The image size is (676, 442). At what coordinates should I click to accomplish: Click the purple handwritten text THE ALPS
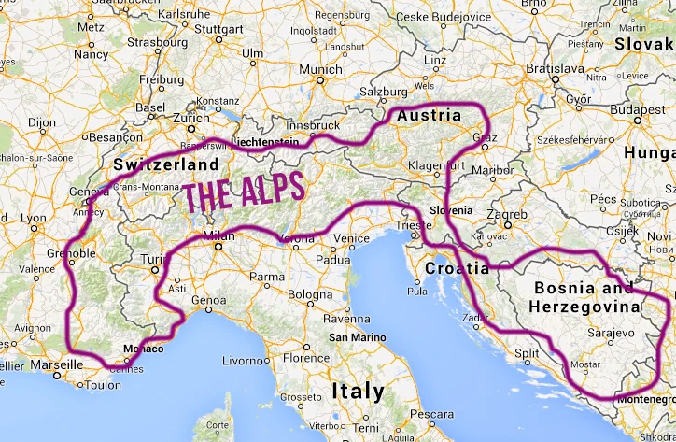[x=245, y=192]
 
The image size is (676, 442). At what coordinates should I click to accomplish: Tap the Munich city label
[x=321, y=69]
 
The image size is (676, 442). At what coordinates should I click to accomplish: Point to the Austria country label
[x=430, y=116]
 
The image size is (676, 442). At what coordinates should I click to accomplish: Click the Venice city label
[x=352, y=238]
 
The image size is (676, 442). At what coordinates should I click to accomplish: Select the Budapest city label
[x=639, y=109]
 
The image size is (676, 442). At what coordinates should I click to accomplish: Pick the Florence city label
[x=307, y=358]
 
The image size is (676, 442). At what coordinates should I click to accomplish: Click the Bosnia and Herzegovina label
[x=585, y=295]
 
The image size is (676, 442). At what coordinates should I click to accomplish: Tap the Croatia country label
[x=457, y=268]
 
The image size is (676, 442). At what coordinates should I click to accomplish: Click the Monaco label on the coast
[x=144, y=349]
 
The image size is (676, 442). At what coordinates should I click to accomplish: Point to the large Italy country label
[x=356, y=390]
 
